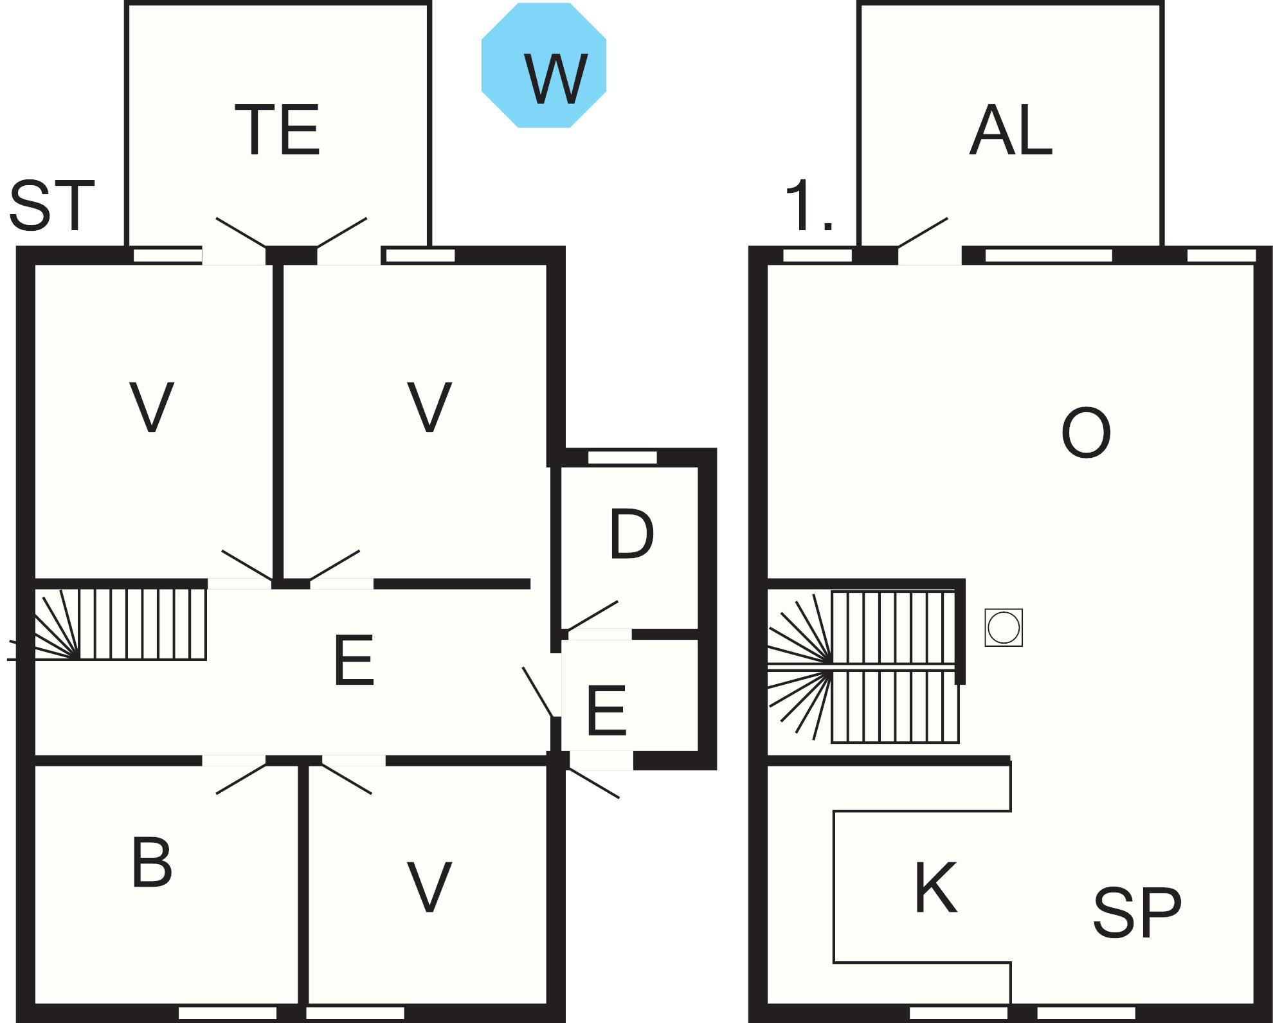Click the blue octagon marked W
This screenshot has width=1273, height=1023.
[x=544, y=66]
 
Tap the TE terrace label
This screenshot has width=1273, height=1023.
[x=277, y=131]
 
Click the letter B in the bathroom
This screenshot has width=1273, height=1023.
[x=152, y=862]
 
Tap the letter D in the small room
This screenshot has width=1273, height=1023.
[x=631, y=534]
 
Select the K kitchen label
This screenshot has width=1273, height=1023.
[x=935, y=888]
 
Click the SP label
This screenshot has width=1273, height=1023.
[x=1137, y=912]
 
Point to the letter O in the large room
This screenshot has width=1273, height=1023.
[x=1086, y=433]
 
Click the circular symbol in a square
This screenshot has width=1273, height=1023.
[x=1004, y=628]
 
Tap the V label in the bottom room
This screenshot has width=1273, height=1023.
[x=429, y=887]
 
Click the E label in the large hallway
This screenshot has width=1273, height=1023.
[x=354, y=660]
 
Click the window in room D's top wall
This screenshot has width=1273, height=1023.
[x=622, y=458]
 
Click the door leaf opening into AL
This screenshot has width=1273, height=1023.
[x=923, y=232]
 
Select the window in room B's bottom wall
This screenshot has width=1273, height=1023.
[x=227, y=1013]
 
